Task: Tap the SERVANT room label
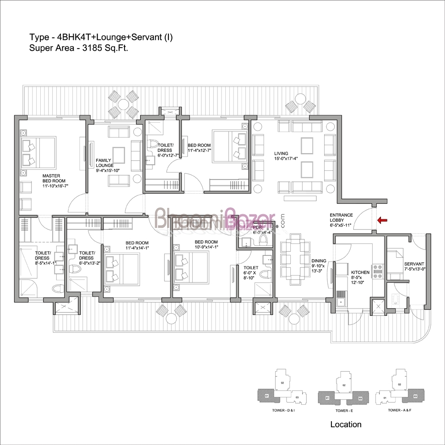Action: [414, 264]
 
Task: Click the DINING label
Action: [319, 261]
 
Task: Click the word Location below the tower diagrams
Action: [346, 424]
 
